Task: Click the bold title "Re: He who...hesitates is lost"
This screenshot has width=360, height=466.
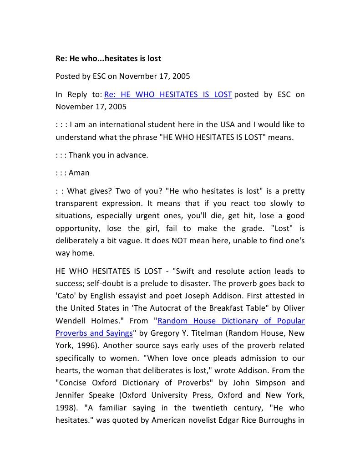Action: (x=108, y=58)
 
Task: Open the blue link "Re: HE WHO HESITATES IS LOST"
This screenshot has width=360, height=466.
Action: (x=168, y=95)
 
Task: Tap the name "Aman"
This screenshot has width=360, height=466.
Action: (x=79, y=173)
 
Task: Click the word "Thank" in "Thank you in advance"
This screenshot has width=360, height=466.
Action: (x=80, y=155)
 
